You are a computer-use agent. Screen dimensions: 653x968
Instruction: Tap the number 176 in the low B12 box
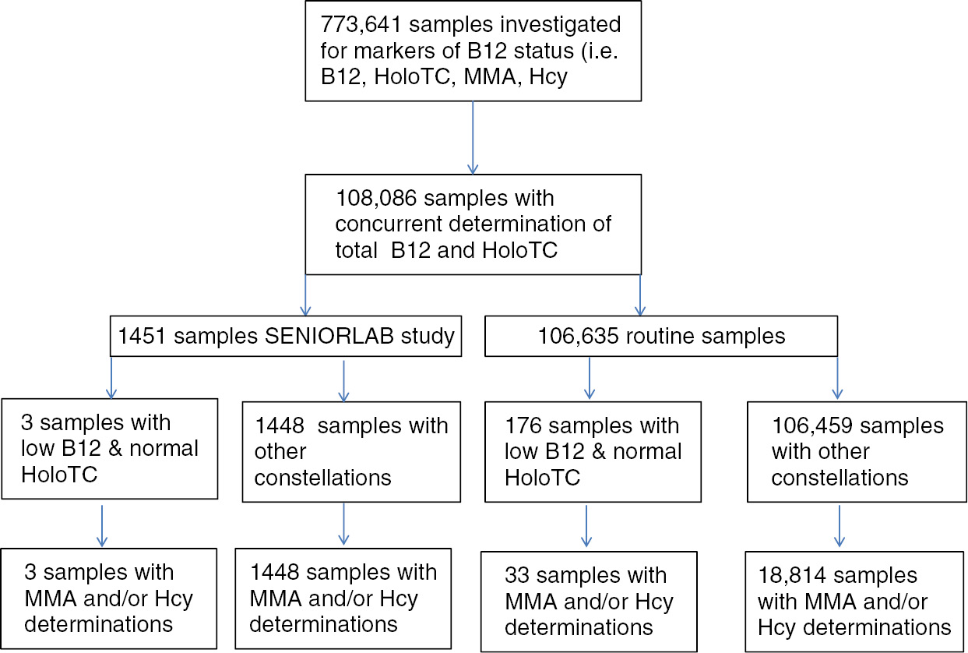point(523,426)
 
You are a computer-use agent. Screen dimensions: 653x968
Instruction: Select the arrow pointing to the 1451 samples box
point(304,296)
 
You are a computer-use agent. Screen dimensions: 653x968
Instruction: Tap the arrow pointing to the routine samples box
point(639,296)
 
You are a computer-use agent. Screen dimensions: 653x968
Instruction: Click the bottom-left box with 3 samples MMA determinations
point(109,598)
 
